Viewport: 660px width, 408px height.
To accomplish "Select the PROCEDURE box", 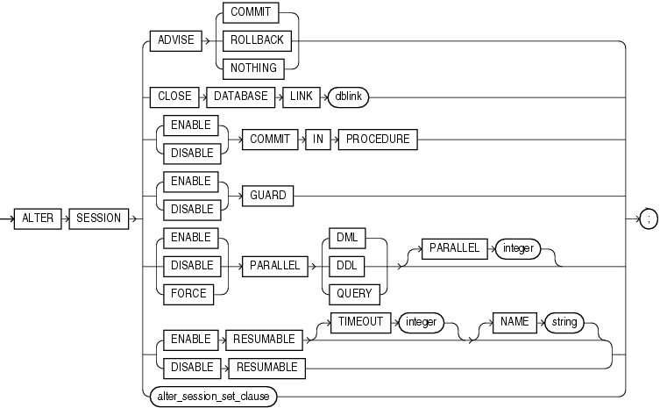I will click(x=377, y=138).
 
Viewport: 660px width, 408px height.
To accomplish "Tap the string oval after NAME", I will click(x=564, y=323).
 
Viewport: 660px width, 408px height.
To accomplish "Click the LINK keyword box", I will click(x=300, y=97).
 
